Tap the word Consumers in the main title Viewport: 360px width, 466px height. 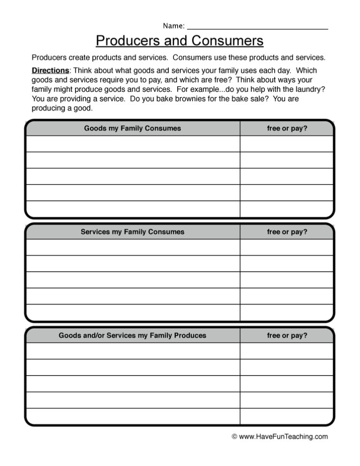[x=227, y=41]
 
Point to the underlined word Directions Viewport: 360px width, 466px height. [x=50, y=71]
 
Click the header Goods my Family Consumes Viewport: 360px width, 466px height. [x=132, y=128]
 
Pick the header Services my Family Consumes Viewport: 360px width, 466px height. [x=132, y=232]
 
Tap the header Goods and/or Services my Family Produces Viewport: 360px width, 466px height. [x=132, y=335]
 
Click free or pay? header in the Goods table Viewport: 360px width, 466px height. [x=287, y=128]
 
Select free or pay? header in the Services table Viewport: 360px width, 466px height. [x=287, y=232]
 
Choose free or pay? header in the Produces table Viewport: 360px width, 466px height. [x=287, y=335]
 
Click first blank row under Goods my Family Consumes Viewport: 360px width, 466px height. [x=132, y=144]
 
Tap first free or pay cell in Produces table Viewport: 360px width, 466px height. [x=287, y=351]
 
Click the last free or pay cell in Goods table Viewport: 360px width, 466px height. [x=287, y=209]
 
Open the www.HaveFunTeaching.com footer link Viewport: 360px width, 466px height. [x=284, y=436]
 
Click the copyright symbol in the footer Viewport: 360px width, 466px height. [x=235, y=436]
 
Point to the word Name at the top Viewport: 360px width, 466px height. [x=172, y=25]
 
